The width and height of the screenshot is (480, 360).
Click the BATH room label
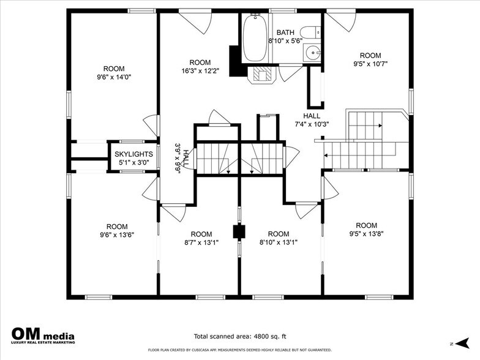(x=285, y=32)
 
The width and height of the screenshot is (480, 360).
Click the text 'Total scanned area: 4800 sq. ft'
(x=240, y=336)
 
